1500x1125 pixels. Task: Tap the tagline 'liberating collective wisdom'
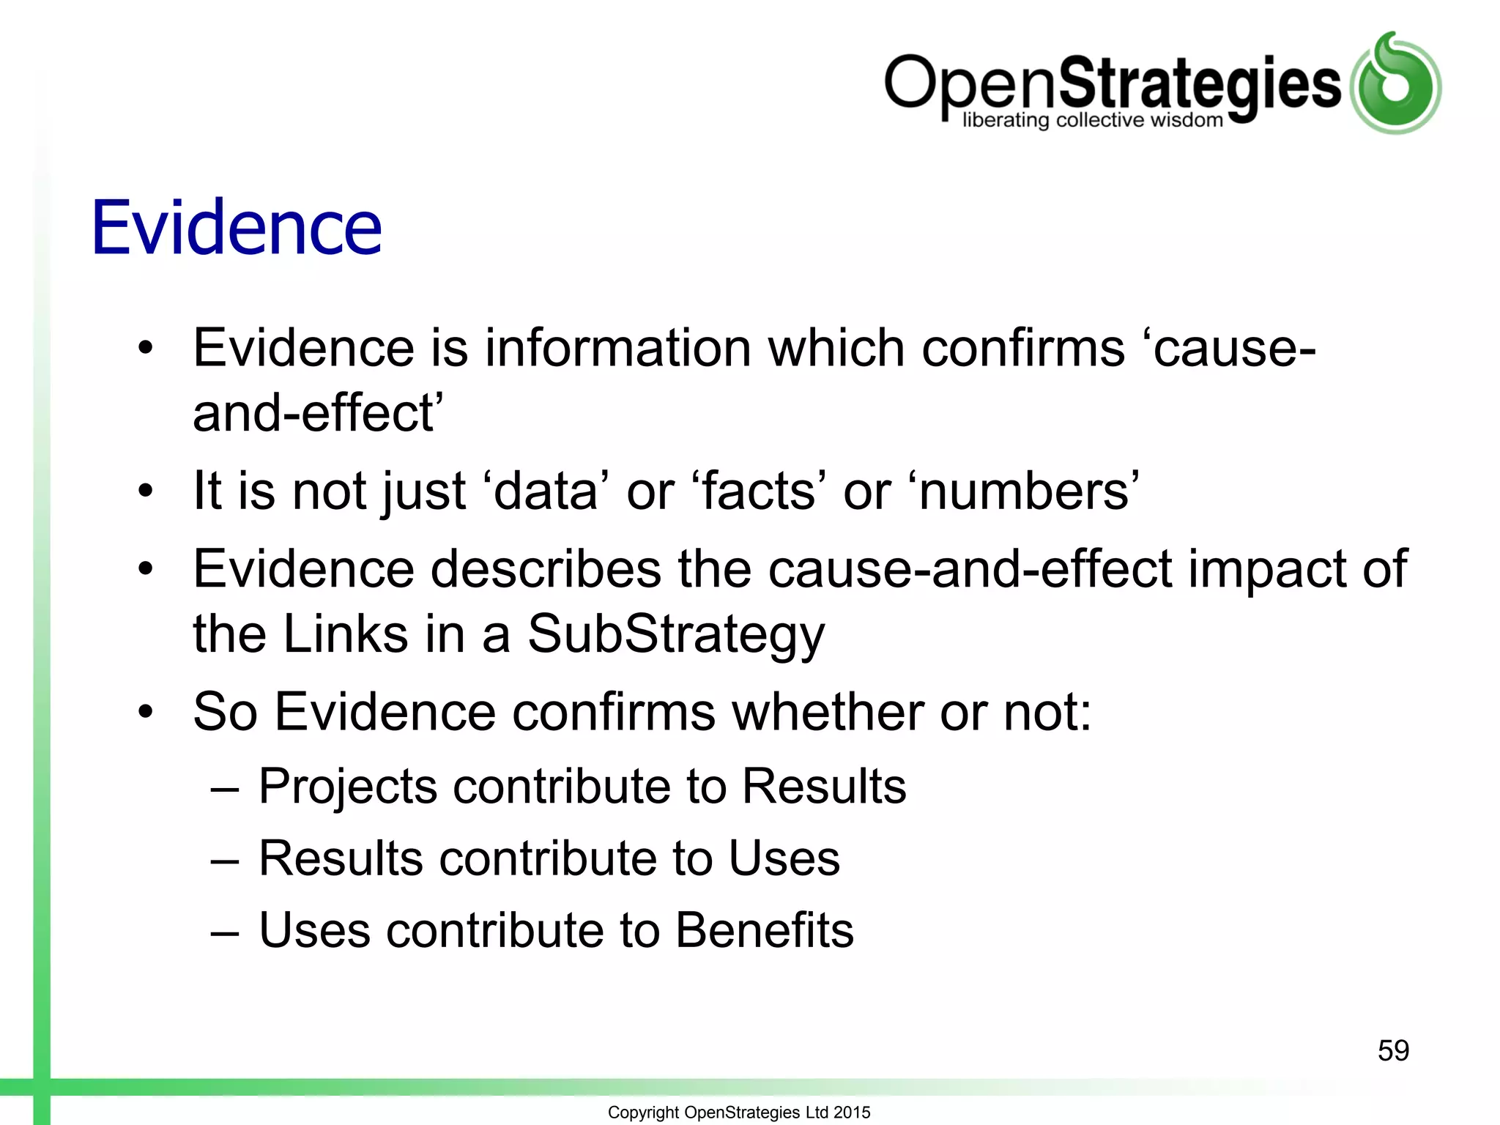pyautogui.click(x=1092, y=120)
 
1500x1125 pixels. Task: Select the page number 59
pyautogui.click(x=1393, y=1050)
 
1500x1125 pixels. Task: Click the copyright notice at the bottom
pyautogui.click(x=739, y=1112)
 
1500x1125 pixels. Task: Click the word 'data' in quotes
pyautogui.click(x=546, y=491)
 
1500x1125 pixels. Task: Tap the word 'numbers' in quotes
pyautogui.click(x=1025, y=491)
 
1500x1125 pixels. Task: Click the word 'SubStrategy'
pyautogui.click(x=676, y=634)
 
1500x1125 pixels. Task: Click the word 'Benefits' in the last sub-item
pyautogui.click(x=764, y=930)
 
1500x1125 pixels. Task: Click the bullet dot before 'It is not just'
pyautogui.click(x=146, y=491)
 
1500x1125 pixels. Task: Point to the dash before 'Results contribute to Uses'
pyautogui.click(x=224, y=861)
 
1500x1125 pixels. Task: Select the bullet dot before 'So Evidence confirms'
pyautogui.click(x=146, y=711)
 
